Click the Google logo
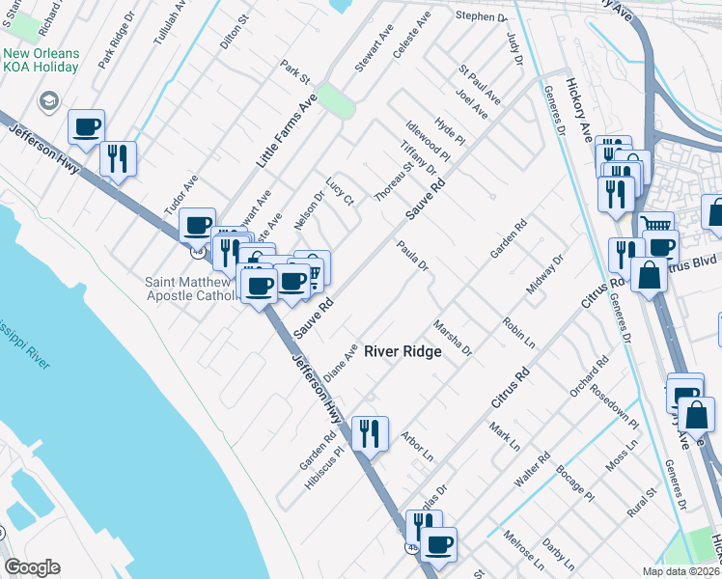pyautogui.click(x=32, y=567)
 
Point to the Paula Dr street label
pyautogui.click(x=412, y=256)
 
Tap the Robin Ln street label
pyautogui.click(x=518, y=330)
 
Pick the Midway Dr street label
pyautogui.click(x=543, y=275)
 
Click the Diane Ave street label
pyautogui.click(x=341, y=362)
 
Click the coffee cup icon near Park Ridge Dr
pyautogui.click(x=86, y=126)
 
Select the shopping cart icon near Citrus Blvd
pyautogui.click(x=656, y=225)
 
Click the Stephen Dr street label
pyautogui.click(x=482, y=17)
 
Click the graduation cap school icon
pyautogui.click(x=47, y=100)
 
